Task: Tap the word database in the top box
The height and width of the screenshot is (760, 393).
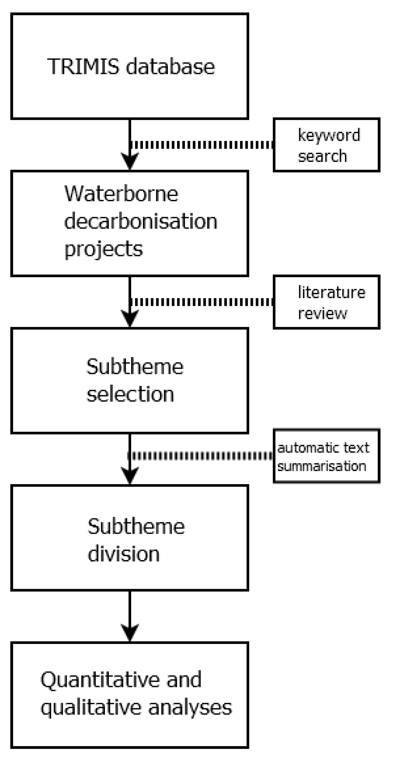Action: pyautogui.click(x=170, y=66)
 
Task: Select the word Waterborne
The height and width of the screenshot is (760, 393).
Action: pyautogui.click(x=121, y=194)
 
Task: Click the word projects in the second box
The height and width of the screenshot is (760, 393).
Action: pyautogui.click(x=103, y=249)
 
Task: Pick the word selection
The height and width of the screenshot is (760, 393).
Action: pyautogui.click(x=130, y=394)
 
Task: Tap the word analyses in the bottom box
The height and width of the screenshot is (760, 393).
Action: pyautogui.click(x=190, y=707)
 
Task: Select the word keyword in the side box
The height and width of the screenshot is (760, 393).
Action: pyautogui.click(x=329, y=135)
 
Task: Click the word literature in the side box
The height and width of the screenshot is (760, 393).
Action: pyautogui.click(x=331, y=292)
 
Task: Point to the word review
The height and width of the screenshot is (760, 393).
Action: pyautogui.click(x=322, y=313)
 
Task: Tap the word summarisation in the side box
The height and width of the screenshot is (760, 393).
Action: pyautogui.click(x=322, y=467)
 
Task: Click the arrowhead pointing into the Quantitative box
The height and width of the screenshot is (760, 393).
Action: pyautogui.click(x=130, y=632)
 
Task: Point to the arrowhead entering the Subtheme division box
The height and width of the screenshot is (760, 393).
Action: pyautogui.click(x=130, y=475)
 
